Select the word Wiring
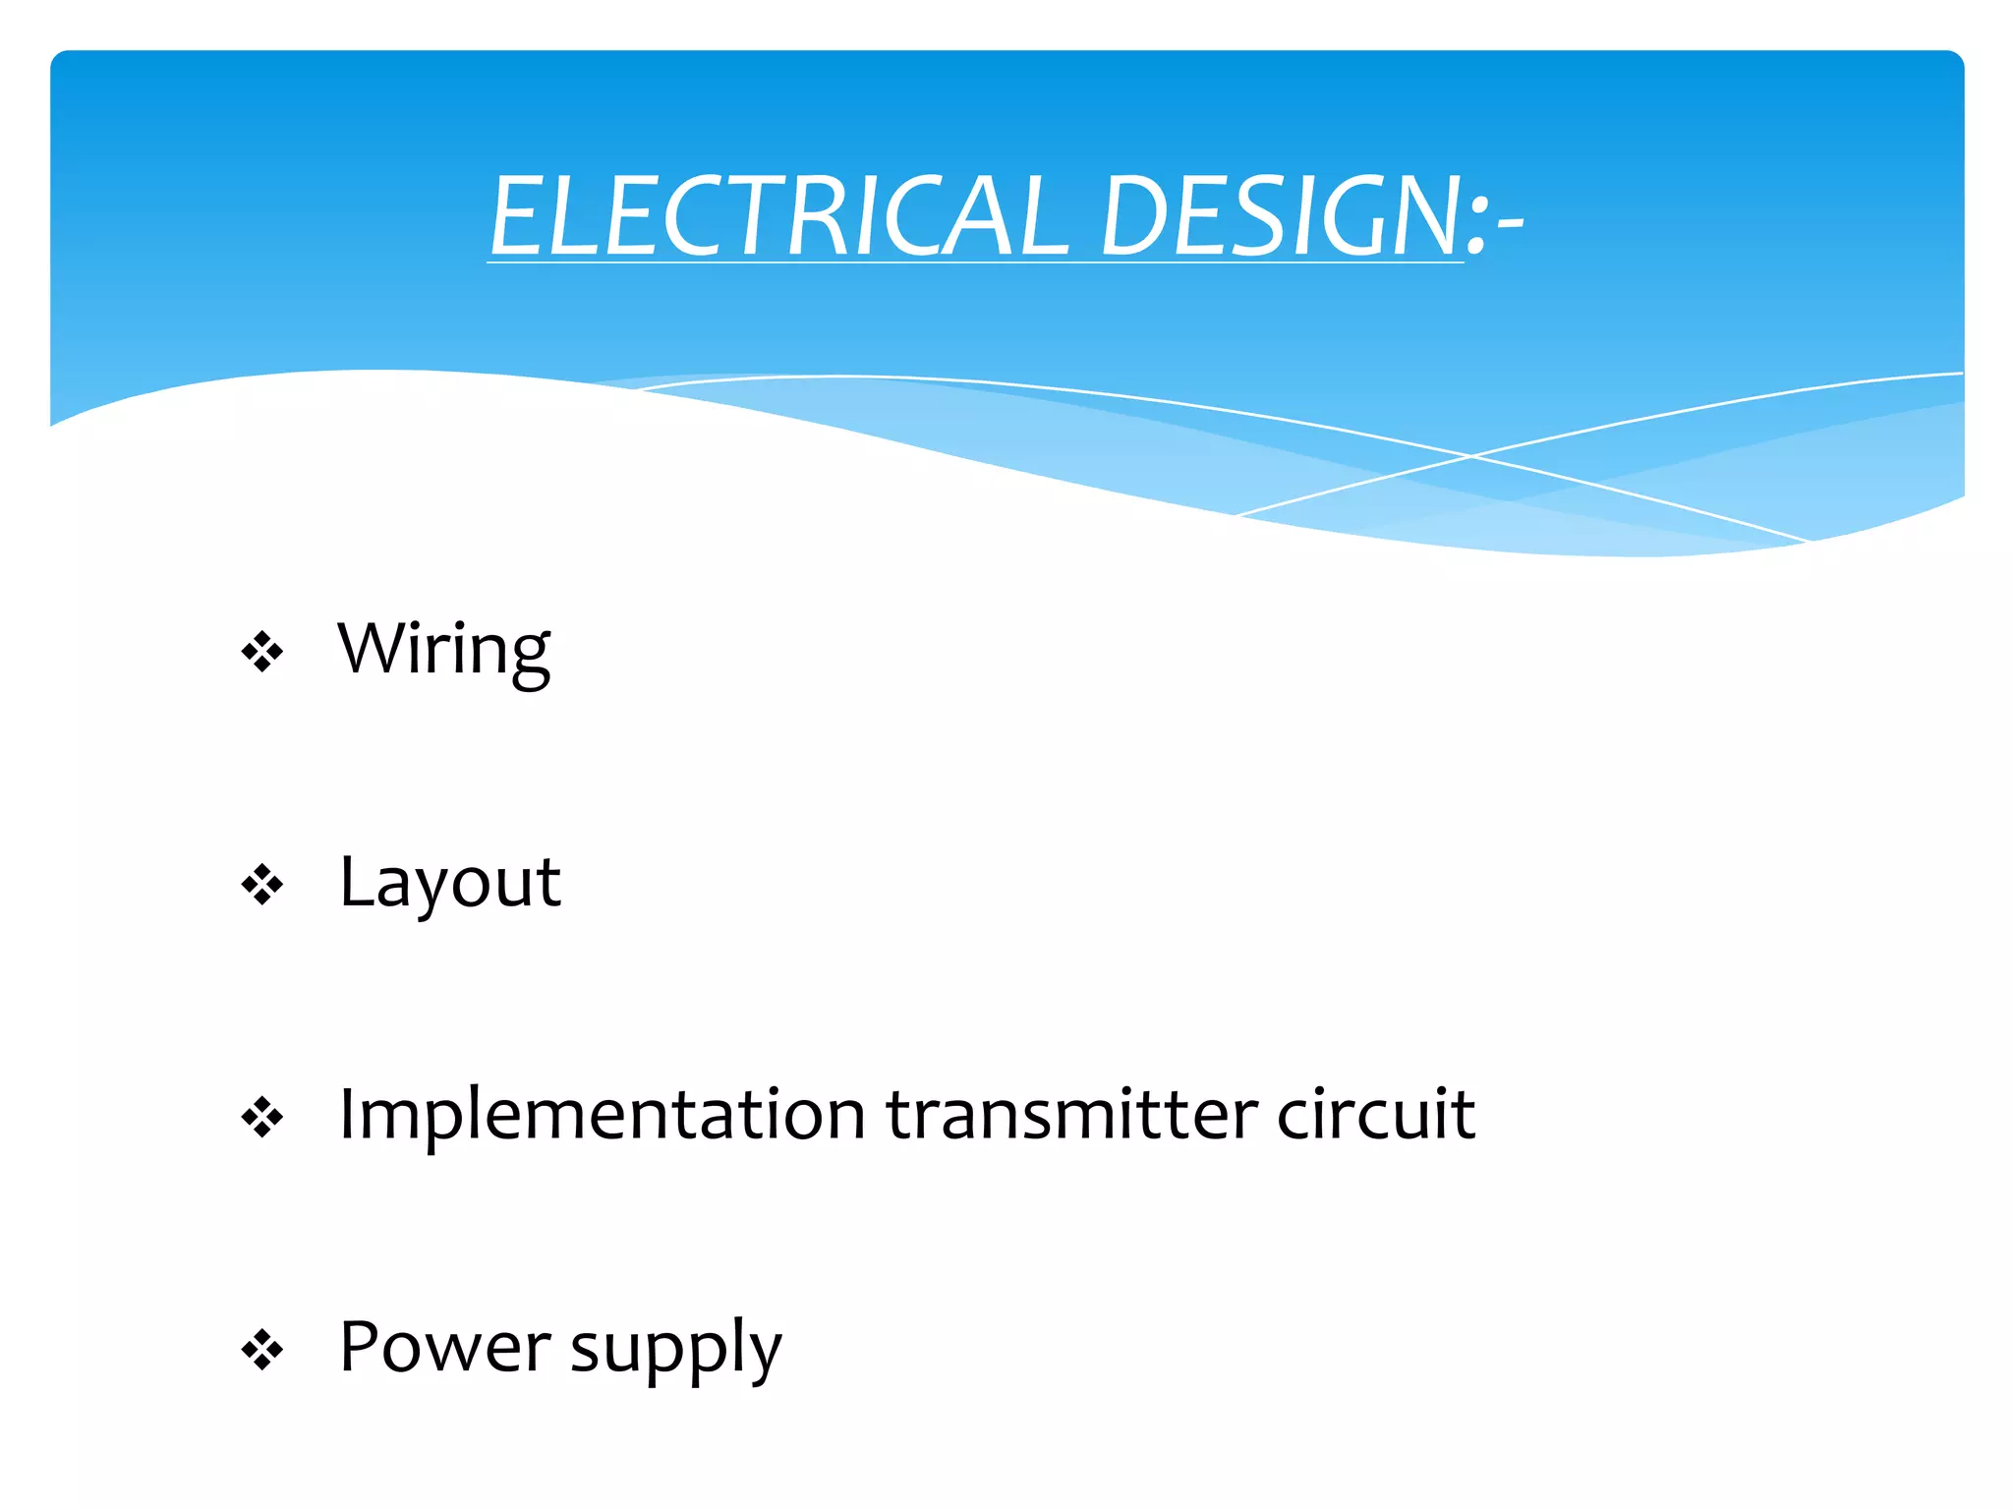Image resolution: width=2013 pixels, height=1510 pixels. pos(443,651)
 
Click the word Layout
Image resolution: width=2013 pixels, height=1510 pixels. pos(449,882)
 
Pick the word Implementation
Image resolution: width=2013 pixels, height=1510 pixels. pos(602,1115)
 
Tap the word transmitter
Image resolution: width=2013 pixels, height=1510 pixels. pos(1071,1115)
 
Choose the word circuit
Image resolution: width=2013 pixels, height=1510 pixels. pos(1376,1115)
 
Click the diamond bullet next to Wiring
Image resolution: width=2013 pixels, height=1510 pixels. pos(262,652)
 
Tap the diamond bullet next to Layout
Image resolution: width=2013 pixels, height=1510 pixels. pos(262,885)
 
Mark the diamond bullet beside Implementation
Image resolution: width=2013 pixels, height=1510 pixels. pos(262,1117)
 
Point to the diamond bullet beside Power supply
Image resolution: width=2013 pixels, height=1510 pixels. pos(262,1350)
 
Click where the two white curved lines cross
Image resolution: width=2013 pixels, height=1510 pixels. pos(1471,456)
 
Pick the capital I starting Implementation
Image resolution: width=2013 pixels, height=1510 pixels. pos(347,1114)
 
